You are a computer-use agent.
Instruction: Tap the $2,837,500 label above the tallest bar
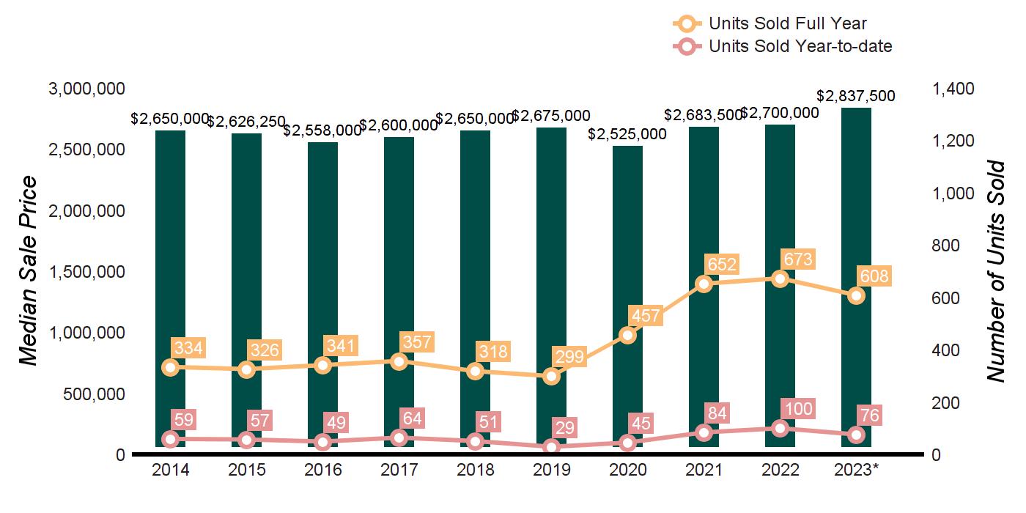coord(856,96)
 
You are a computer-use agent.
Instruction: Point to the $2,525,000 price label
coord(627,134)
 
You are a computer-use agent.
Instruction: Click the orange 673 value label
coord(798,259)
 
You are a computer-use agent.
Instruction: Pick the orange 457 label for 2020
coord(645,316)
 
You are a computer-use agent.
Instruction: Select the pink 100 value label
coord(798,409)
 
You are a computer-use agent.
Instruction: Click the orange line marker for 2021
coord(704,284)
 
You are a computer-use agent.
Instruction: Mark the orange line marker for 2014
coord(170,367)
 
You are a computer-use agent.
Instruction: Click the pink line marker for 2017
coord(399,438)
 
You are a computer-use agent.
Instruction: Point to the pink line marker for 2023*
coord(856,435)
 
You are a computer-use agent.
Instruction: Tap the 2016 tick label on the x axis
coord(322,470)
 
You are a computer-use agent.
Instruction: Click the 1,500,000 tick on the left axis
coord(86,272)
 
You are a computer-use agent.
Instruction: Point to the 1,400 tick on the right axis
coord(953,89)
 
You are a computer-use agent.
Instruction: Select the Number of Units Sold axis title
coord(995,271)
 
